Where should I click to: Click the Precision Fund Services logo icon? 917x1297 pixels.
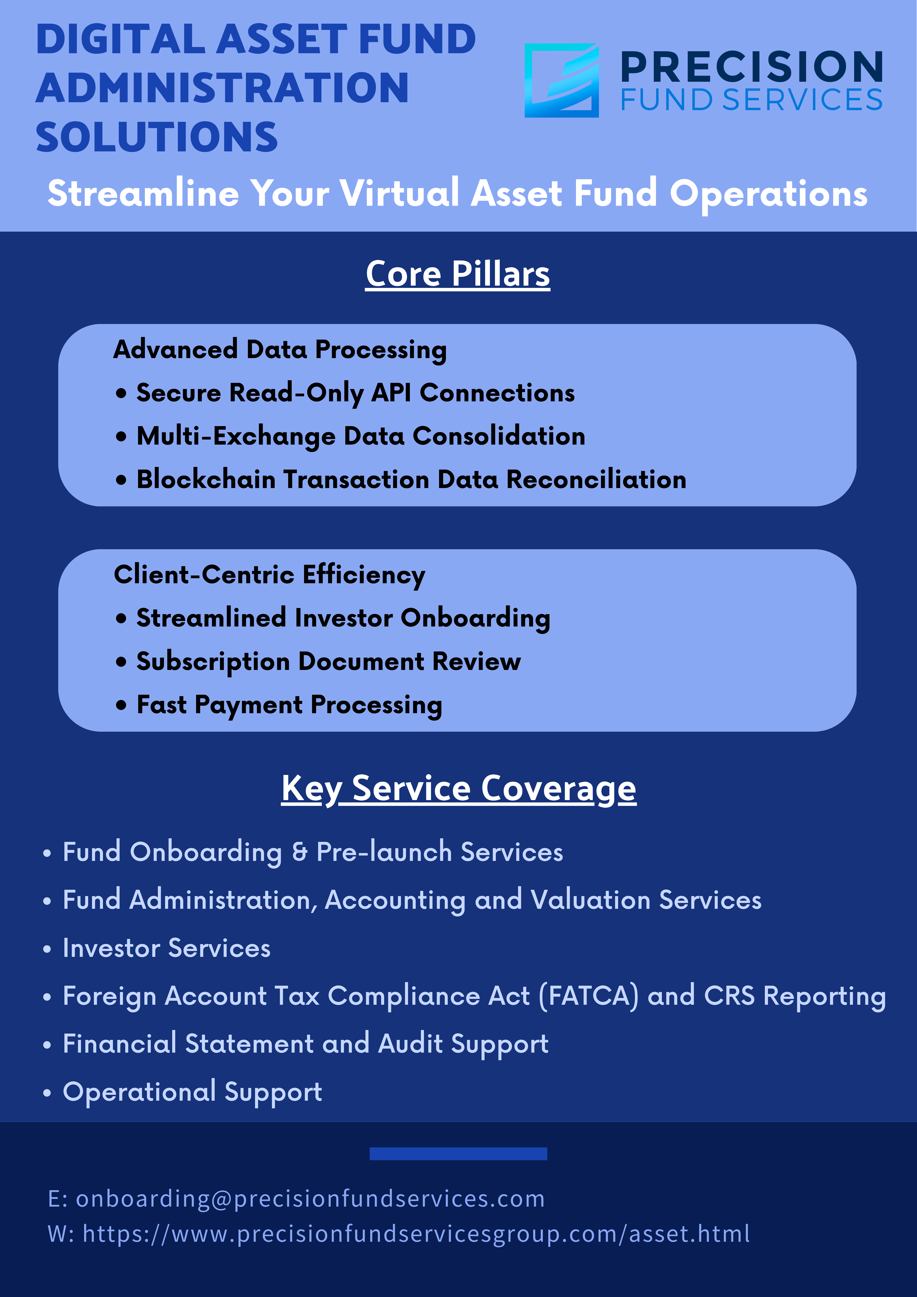[x=562, y=80]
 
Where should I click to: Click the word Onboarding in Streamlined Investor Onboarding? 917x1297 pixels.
[x=476, y=618]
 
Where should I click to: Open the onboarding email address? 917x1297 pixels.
[x=311, y=1199]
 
